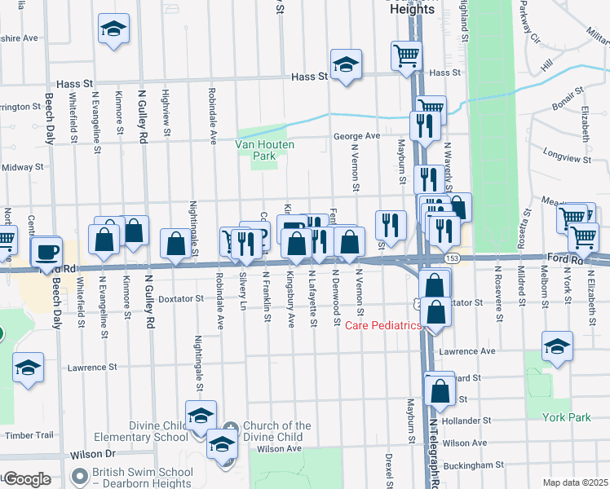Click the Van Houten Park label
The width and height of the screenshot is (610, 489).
(x=264, y=149)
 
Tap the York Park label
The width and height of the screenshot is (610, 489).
(x=566, y=417)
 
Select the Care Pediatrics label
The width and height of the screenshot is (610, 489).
(x=382, y=326)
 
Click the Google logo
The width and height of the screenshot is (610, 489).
(x=27, y=479)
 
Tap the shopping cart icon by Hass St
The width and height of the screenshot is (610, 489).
(x=406, y=56)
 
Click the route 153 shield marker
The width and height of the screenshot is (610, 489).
(x=450, y=258)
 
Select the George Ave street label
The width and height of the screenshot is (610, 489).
(x=356, y=136)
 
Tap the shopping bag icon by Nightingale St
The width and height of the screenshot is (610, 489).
(x=176, y=242)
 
